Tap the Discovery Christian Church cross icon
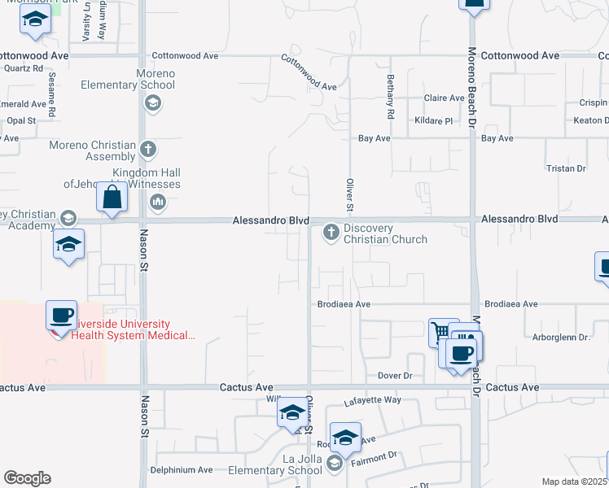pyautogui.click(x=331, y=233)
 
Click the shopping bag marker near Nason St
pyautogui.click(x=113, y=197)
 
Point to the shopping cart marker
pyautogui.click(x=443, y=332)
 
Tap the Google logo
pyautogui.click(x=27, y=478)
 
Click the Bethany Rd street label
pyautogui.click(x=390, y=104)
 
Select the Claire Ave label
pyautogui.click(x=444, y=98)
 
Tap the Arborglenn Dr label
pyautogui.click(x=561, y=337)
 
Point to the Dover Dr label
pyautogui.click(x=396, y=376)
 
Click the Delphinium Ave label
pyautogui.click(x=181, y=470)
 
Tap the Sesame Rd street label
pyautogui.click(x=50, y=92)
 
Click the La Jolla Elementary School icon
pyautogui.click(x=333, y=463)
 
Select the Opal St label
pyautogui.click(x=21, y=120)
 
